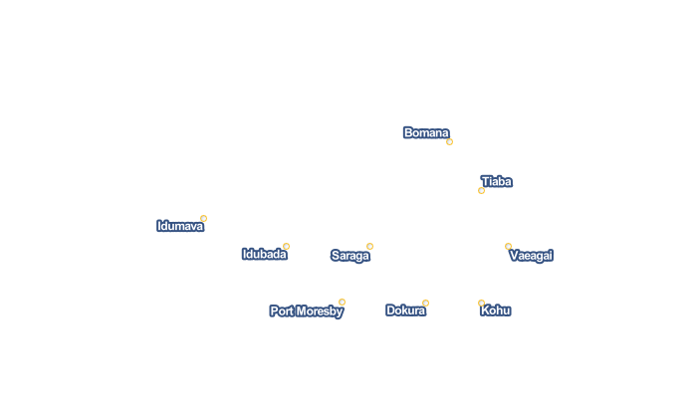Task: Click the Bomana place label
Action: [426, 133]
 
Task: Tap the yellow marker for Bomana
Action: [449, 141]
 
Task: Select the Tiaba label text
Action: [497, 182]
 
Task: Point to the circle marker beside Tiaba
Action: [481, 191]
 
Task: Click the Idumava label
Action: [180, 226]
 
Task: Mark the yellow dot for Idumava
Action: [203, 218]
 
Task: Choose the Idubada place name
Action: [265, 254]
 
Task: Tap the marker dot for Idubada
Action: [287, 246]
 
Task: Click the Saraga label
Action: [350, 256]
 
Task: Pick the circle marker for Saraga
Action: [369, 246]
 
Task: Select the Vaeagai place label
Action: [531, 256]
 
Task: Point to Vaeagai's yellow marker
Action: [508, 246]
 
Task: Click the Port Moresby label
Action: [307, 311]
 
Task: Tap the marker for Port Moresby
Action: [342, 303]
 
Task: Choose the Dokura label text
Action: [405, 310]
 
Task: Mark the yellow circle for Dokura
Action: [425, 304]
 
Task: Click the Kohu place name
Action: [496, 310]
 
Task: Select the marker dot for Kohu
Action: [481, 304]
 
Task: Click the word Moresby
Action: [320, 311]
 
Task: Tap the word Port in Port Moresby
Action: [282, 311]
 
